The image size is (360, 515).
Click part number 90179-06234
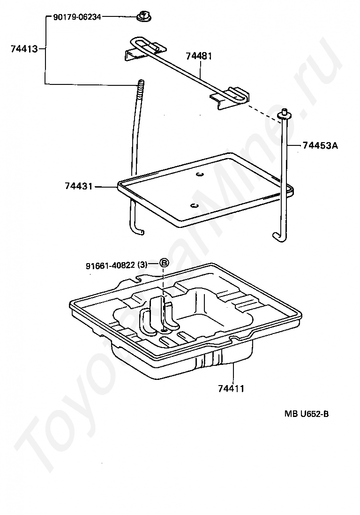click(x=77, y=16)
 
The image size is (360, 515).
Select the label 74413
click(x=24, y=49)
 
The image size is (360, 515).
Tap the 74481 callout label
click(x=199, y=56)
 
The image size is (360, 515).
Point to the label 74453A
click(x=320, y=145)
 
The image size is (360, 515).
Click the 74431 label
click(x=78, y=186)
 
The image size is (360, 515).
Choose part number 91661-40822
click(x=110, y=265)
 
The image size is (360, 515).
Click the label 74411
click(x=231, y=388)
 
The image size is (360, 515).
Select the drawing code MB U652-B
click(x=307, y=414)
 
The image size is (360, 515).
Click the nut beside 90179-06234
click(x=143, y=15)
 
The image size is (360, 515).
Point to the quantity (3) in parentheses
click(x=142, y=265)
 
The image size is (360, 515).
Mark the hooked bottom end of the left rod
click(x=137, y=230)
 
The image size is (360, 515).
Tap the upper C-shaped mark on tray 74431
click(x=199, y=174)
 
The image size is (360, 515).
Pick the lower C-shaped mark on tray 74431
click(x=193, y=205)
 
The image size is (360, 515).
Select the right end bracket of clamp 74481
click(x=231, y=98)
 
